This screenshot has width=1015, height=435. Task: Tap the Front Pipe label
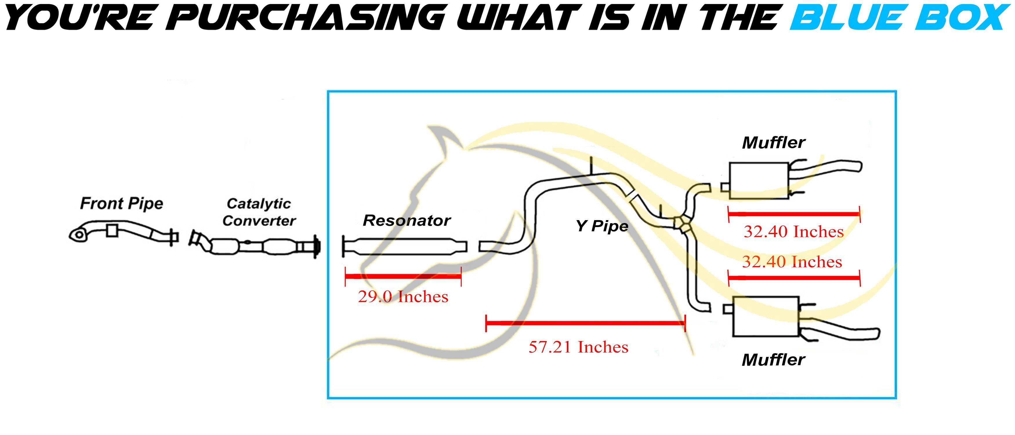coord(121,204)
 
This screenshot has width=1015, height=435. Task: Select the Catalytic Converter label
coord(259,212)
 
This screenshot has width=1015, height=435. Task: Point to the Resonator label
coord(406,221)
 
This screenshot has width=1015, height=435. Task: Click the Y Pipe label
coord(602,226)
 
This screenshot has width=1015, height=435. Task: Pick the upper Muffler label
coord(773,143)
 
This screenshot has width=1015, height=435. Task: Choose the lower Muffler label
coord(773,360)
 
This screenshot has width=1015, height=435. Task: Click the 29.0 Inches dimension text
coord(403,297)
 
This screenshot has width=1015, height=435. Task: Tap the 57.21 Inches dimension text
coord(579,347)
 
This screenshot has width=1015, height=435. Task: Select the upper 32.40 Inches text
coord(793,232)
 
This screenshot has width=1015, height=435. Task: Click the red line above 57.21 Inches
coord(586,323)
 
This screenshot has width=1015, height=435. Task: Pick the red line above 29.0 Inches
coord(403,276)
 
